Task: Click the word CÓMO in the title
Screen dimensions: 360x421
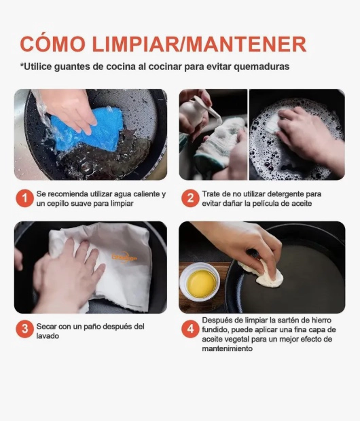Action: pos(53,43)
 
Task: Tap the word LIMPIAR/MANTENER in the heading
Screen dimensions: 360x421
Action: pos(199,44)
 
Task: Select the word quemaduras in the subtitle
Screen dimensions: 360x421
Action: pos(261,67)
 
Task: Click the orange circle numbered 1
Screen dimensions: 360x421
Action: pos(24,198)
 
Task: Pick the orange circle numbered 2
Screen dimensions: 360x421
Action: pos(190,198)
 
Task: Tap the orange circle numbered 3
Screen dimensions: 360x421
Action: pos(24,329)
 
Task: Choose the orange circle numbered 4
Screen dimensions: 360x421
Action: pos(190,329)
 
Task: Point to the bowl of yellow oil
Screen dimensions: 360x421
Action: pos(200,282)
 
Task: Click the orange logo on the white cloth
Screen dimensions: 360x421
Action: pos(124,257)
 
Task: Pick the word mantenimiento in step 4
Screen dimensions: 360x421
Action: pos(228,349)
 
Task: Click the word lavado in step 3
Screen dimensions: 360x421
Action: pos(48,336)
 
